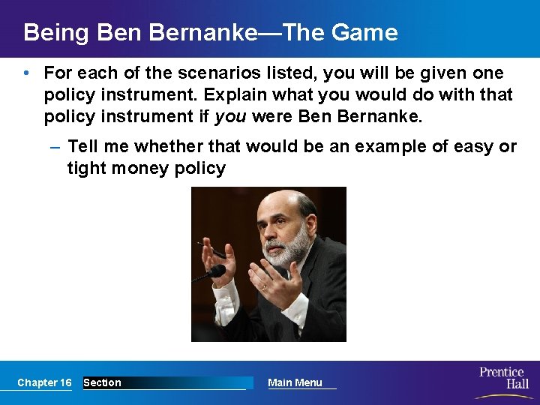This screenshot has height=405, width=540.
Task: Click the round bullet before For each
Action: (x=26, y=73)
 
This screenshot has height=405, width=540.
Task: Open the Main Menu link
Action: (x=295, y=382)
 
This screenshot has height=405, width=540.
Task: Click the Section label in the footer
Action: (x=102, y=382)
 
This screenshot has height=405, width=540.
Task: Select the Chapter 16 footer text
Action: (x=44, y=382)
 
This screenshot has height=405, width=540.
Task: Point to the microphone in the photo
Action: (x=213, y=271)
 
